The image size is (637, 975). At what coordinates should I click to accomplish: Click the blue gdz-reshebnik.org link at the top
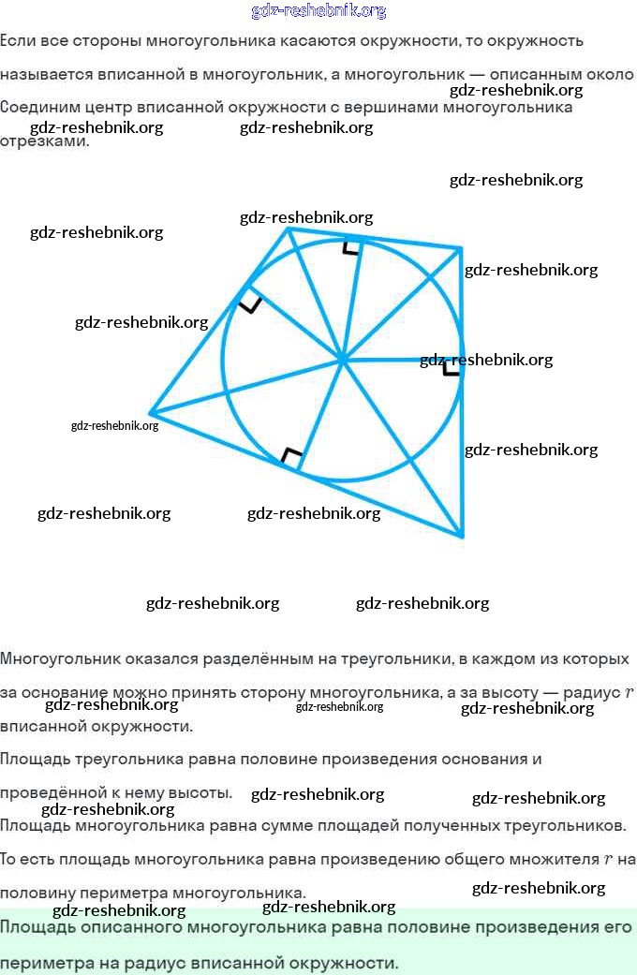318,11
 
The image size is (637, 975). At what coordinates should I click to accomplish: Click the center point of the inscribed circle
342,358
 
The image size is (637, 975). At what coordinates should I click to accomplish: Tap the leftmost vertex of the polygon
150,412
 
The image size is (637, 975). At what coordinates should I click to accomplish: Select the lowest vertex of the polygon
462,537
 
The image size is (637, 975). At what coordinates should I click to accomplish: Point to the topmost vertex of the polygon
288,228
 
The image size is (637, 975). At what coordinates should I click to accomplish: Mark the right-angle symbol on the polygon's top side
350,247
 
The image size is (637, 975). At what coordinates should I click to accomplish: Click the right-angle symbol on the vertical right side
452,367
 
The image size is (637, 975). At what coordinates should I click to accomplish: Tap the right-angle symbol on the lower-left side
291,457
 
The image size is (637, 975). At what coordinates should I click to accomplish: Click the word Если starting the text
14,41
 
